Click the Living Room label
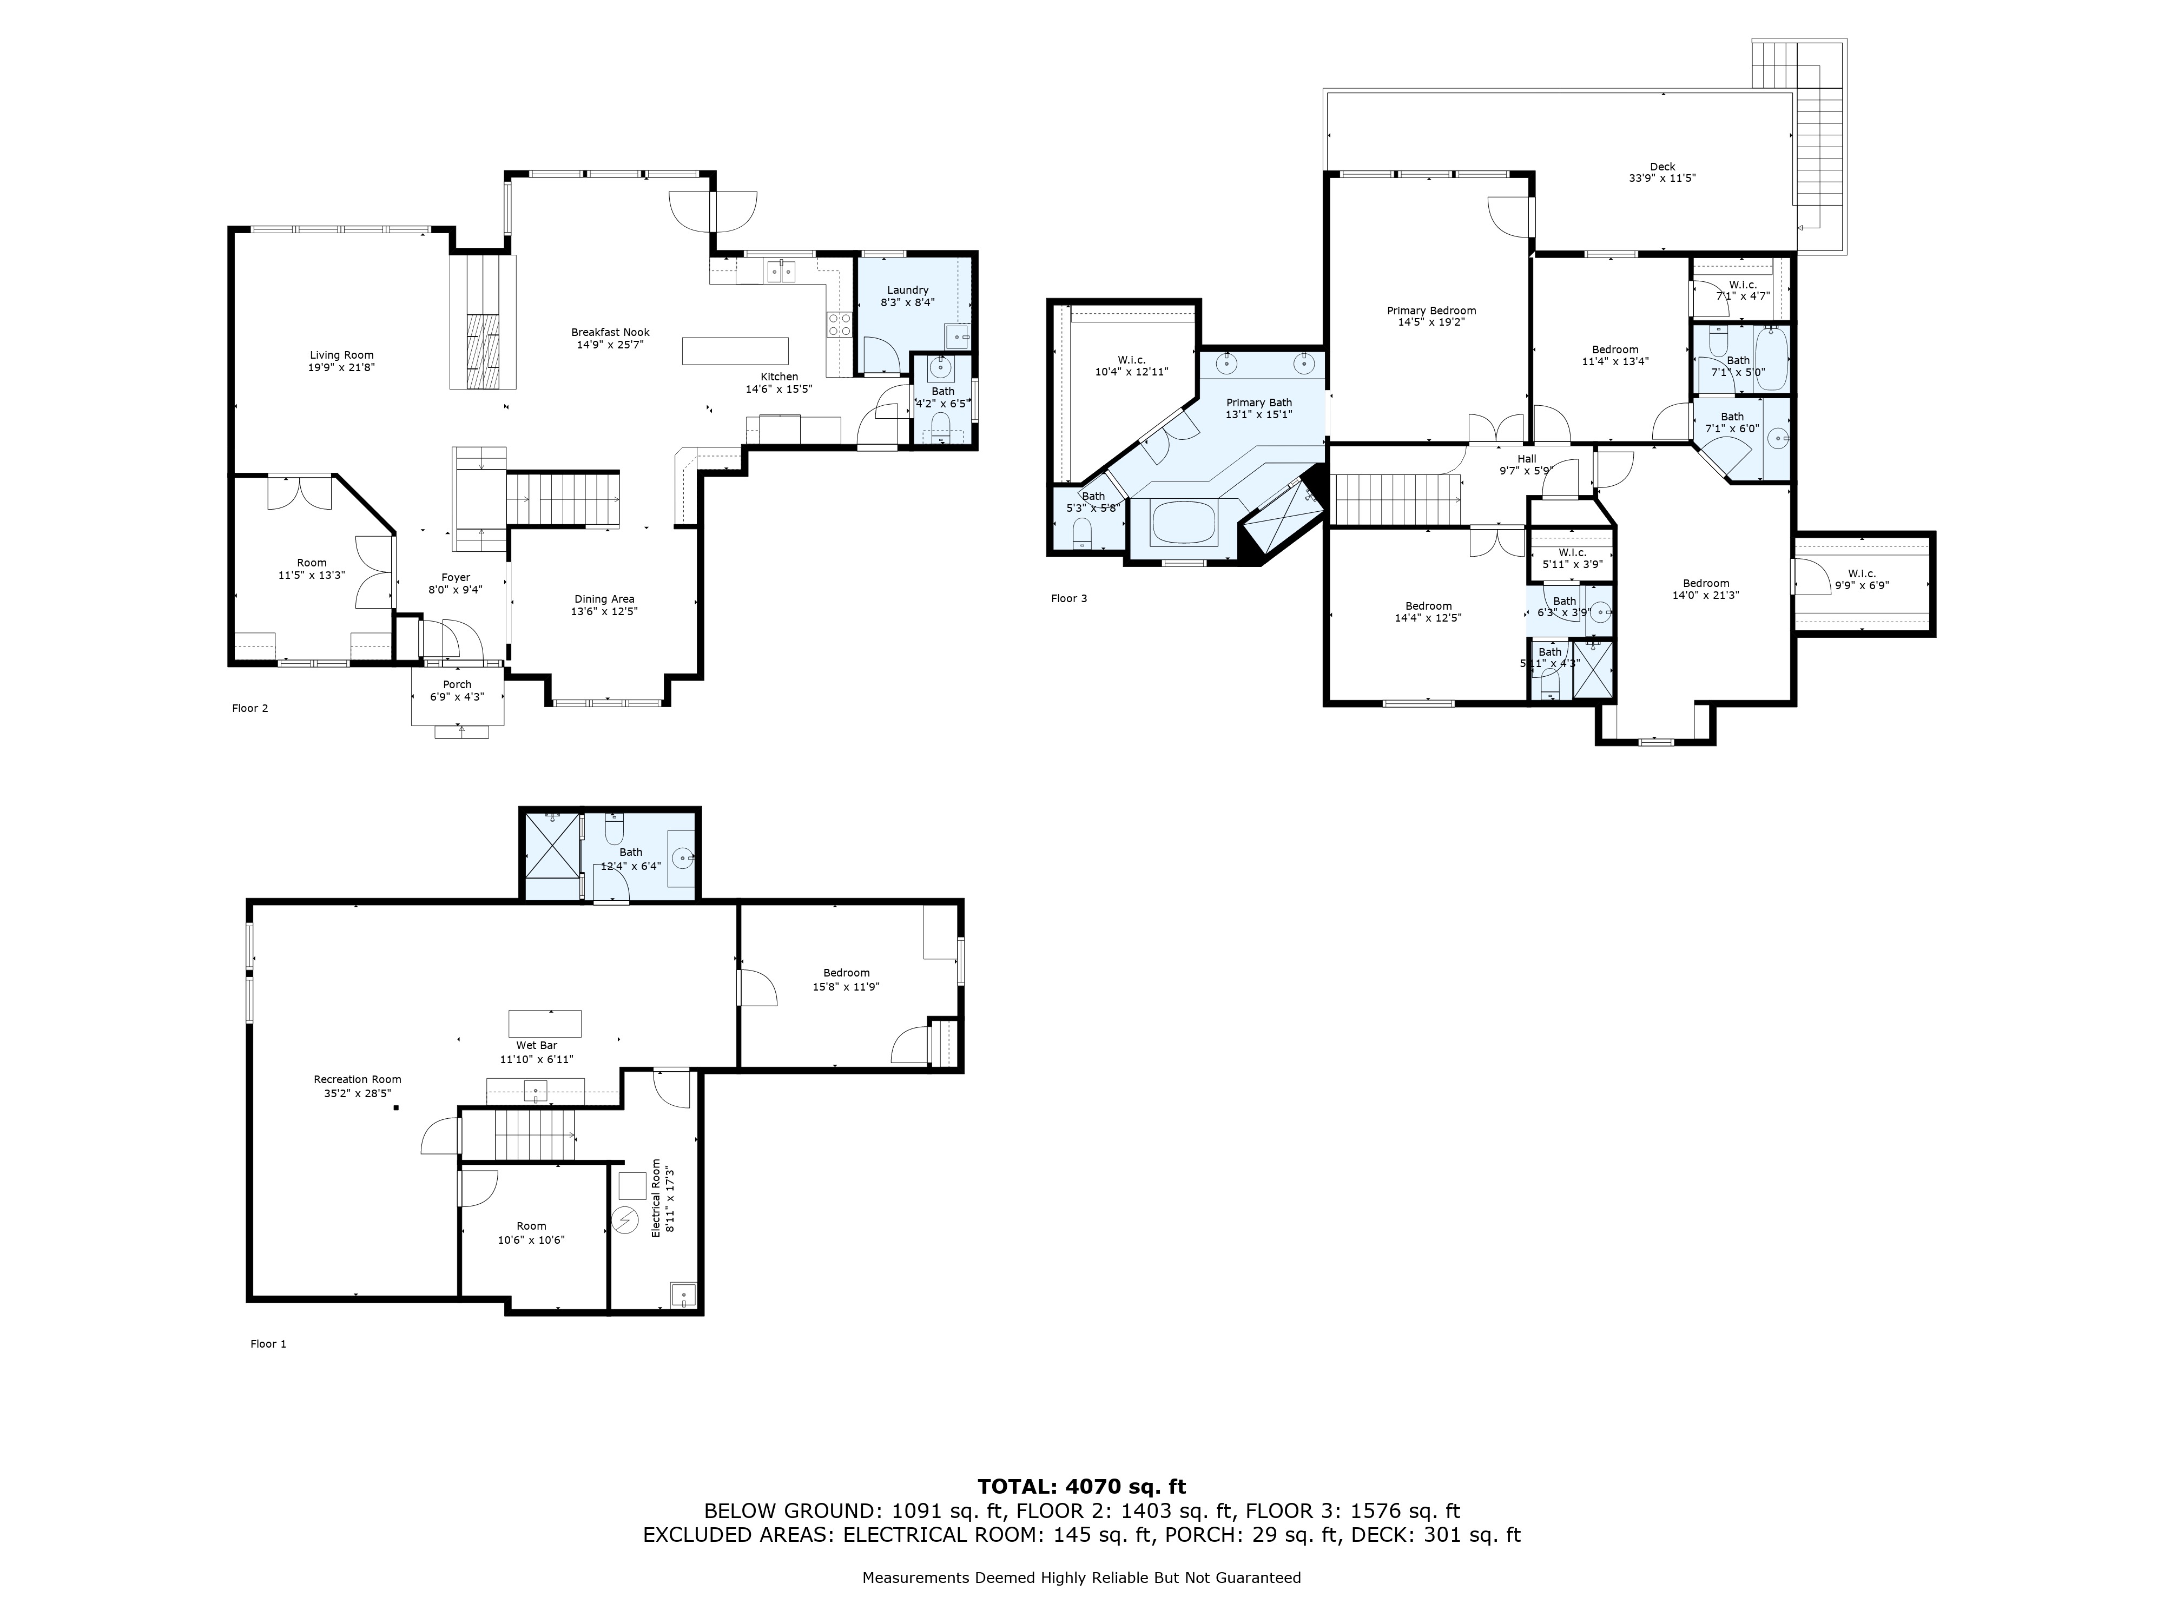[x=341, y=355]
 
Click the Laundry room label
[x=908, y=289]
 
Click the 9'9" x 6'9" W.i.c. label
[x=1860, y=585]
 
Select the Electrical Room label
[x=656, y=1198]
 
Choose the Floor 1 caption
[x=268, y=1344]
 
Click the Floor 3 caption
[x=1068, y=599]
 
